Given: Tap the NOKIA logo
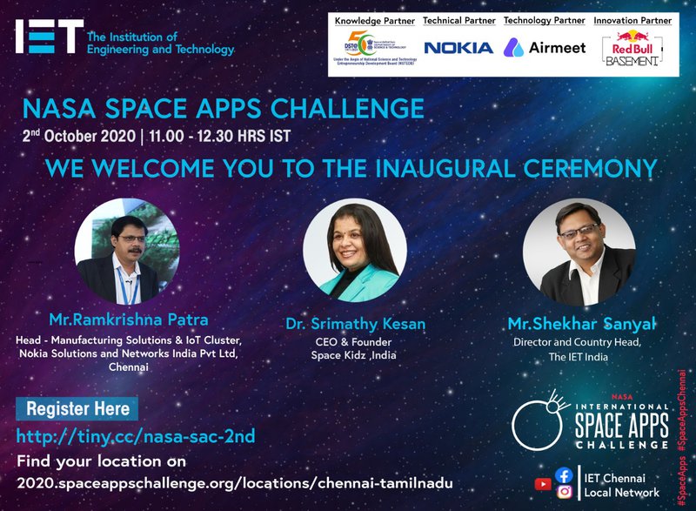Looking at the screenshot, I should pos(458,47).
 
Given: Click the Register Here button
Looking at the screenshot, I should pos(77,408).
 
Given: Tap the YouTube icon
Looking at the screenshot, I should pos(543,484).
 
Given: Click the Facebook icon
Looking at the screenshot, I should pos(563,475).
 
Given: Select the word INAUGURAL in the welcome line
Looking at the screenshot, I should pos(462,167).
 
